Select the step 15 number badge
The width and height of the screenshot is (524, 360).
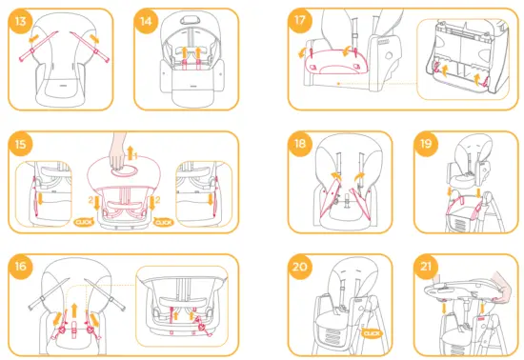click(x=21, y=146)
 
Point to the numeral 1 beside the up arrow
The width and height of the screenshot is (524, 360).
click(x=135, y=152)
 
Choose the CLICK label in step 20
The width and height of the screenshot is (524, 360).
click(x=373, y=333)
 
